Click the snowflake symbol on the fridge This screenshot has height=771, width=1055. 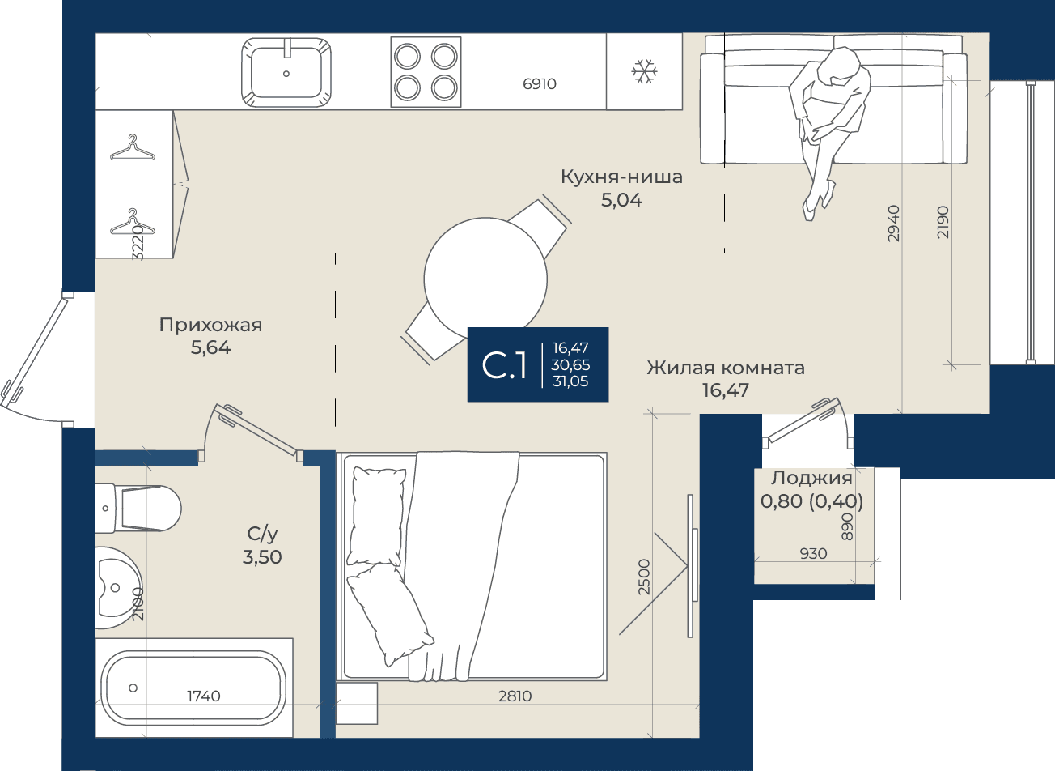pos(644,72)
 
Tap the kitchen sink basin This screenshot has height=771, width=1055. pos(286,73)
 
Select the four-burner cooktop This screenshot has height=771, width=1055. pos(426,72)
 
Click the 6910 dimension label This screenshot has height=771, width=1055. pos(540,84)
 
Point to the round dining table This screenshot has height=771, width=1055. pos(485,279)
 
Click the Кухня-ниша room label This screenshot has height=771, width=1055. pos(621,177)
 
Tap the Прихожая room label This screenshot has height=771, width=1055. pos(210,325)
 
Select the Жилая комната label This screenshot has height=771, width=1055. pos(725,368)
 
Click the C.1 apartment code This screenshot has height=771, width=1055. pos(504,365)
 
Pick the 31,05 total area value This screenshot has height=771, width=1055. pos(570,381)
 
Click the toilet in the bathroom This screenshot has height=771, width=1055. pos(138,509)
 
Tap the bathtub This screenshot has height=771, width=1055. pos(194,688)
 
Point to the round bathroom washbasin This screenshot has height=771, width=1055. pos(118,587)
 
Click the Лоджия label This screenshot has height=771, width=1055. pos(811,478)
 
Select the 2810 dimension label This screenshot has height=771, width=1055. pos(515,696)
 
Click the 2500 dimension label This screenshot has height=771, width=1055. pos(644,577)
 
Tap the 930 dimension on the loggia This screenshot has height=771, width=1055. pos(813,553)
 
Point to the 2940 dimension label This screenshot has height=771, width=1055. pos(893,224)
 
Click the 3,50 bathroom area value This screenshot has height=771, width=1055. pos(262,557)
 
